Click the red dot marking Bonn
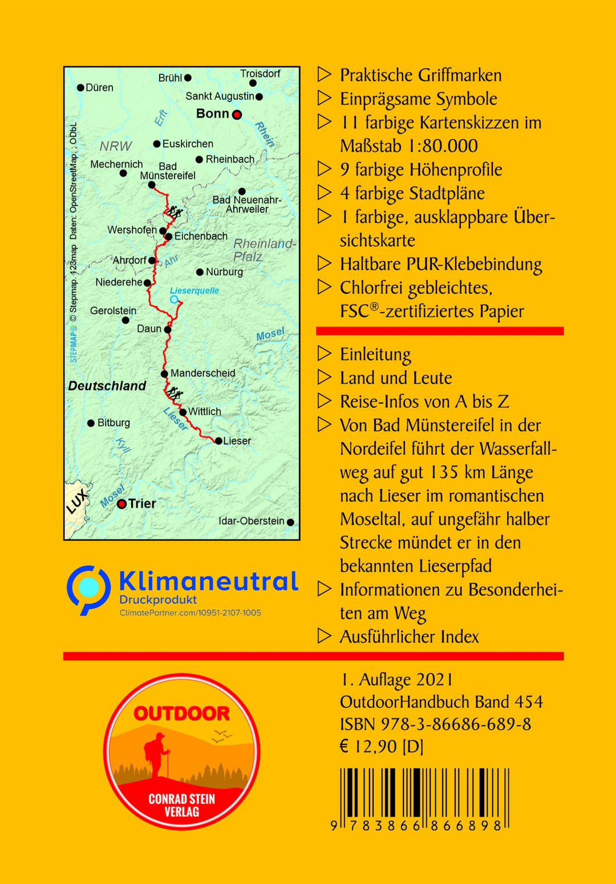[237, 115]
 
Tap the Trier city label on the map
[142, 504]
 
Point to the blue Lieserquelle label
[194, 291]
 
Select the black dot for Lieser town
[218, 441]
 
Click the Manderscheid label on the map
[202, 373]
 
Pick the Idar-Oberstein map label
[251, 521]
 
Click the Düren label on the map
[99, 88]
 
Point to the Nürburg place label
[224, 272]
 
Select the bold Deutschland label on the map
[107, 386]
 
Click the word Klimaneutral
[208, 581]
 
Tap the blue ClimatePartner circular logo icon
[88, 589]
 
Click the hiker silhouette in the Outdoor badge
[156, 756]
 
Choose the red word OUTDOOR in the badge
[181, 713]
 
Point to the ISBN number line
[435, 724]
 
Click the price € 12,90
[368, 747]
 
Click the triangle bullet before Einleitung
[325, 354]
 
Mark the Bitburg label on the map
[114, 423]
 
